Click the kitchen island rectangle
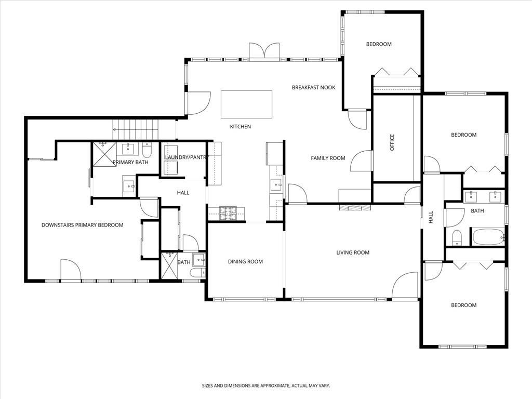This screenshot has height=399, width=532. click(246, 104)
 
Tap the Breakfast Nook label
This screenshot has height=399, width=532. click(313, 87)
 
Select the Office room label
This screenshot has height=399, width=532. click(392, 142)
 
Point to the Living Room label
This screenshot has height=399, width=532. click(353, 252)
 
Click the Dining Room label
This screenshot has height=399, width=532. click(245, 262)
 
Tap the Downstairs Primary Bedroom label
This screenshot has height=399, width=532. click(83, 225)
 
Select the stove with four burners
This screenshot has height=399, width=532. click(228, 214)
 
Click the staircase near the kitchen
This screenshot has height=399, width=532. click(136, 129)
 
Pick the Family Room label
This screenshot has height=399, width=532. click(328, 158)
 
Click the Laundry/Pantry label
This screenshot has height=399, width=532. click(186, 157)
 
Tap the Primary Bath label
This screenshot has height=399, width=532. click(130, 162)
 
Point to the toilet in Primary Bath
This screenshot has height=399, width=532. click(147, 150)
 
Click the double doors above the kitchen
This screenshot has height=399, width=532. click(264, 52)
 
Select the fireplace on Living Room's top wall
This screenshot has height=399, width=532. click(354, 208)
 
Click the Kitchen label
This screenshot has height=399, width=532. click(241, 127)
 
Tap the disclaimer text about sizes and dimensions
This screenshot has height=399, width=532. click(266, 386)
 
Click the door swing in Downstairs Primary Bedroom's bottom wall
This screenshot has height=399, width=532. click(71, 270)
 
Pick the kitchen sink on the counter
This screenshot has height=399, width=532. click(276, 185)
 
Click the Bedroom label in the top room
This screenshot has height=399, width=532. click(379, 44)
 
